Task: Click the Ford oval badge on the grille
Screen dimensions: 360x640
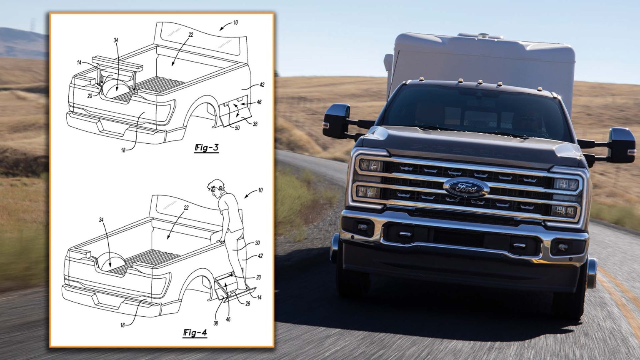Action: [466, 188]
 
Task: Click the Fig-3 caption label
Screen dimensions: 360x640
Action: [206, 147]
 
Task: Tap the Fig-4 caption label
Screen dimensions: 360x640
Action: [195, 332]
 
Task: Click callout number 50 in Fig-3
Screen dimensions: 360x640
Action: [237, 128]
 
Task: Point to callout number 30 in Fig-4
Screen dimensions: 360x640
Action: [257, 243]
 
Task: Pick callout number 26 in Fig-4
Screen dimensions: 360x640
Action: [247, 304]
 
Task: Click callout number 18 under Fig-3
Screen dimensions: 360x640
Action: [123, 150]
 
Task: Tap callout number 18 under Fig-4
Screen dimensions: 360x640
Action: [122, 325]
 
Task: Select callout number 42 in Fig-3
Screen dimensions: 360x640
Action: [261, 85]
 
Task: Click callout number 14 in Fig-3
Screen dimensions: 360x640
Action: [79, 62]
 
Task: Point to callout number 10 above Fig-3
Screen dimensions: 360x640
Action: [235, 22]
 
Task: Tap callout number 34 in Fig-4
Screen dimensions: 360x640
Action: [101, 220]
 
